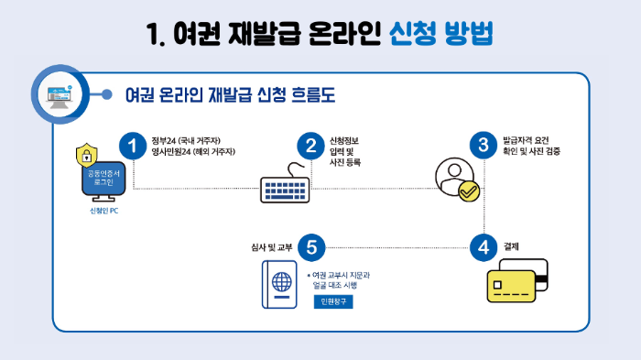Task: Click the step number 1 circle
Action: point(134,145)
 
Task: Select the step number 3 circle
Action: point(483,145)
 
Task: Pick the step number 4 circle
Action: point(483,247)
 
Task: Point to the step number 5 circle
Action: point(311,247)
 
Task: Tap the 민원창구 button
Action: point(332,301)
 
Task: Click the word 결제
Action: point(513,246)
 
